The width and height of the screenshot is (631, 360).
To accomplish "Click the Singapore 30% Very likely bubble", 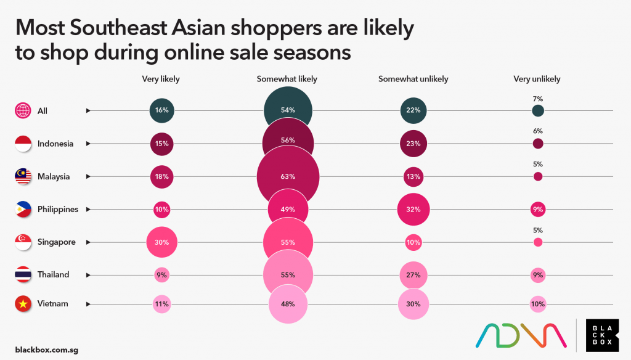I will pos(162,242).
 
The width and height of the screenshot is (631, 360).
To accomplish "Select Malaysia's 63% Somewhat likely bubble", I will pos(288,176).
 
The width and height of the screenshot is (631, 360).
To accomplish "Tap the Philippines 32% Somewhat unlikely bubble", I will pos(413,209).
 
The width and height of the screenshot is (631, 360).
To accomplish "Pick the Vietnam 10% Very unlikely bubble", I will pos(538,303).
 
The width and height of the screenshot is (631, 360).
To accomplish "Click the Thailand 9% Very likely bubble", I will pos(161,274).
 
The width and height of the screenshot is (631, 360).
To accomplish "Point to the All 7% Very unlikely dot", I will pos(538,110).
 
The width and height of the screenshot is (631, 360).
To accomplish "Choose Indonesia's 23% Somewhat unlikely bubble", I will pos(413,144).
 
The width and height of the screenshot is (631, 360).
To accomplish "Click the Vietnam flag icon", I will pos(23,303).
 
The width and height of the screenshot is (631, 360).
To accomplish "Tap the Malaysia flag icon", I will pos(23,176).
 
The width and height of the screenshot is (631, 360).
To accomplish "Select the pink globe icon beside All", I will pos(23,111).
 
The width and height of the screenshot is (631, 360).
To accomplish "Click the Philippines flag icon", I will pos(23,209).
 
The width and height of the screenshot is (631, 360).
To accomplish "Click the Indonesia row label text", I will pos(55,144).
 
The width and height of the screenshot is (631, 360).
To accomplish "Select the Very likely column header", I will pos(161,79).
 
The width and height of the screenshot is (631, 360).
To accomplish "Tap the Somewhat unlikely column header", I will pos(413,79).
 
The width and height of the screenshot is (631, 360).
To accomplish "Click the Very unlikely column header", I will pos(537,79).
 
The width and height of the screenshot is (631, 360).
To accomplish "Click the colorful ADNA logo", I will pos(521,335).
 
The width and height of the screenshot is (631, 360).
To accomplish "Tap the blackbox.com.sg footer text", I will pos(47,350).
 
